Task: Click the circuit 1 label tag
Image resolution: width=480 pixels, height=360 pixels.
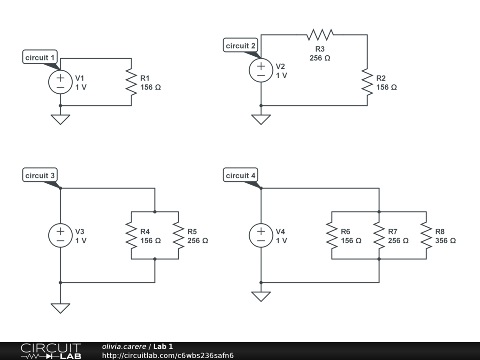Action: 40,58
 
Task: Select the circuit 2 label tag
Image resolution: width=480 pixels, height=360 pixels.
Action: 240,46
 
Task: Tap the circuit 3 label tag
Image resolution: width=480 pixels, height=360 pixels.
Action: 40,176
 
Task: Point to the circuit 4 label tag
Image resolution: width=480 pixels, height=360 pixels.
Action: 240,176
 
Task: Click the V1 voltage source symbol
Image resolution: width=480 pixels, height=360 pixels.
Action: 60,82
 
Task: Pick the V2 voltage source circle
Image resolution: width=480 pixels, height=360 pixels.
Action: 261,70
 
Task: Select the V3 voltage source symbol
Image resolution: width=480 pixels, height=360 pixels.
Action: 60,235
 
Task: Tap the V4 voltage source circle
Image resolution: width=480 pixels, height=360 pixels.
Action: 261,235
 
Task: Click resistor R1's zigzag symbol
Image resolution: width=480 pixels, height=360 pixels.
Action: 131,82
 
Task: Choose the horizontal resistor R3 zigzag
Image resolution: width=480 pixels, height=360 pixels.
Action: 320,35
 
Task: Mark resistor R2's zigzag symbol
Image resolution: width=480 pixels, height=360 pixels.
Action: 367,82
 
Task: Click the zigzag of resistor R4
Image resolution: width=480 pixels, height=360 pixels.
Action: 131,235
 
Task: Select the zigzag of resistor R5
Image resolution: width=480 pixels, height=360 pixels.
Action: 179,235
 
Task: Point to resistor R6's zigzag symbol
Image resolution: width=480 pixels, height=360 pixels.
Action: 332,235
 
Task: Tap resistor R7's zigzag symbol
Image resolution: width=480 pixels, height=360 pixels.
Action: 379,235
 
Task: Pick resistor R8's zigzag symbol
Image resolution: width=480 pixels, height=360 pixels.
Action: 426,235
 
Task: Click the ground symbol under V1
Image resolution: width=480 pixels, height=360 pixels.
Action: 60,119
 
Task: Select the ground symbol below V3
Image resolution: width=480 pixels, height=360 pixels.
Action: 60,308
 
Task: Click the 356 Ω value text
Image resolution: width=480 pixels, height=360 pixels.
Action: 445,240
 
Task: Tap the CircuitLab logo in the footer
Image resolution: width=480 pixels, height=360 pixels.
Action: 51,351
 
